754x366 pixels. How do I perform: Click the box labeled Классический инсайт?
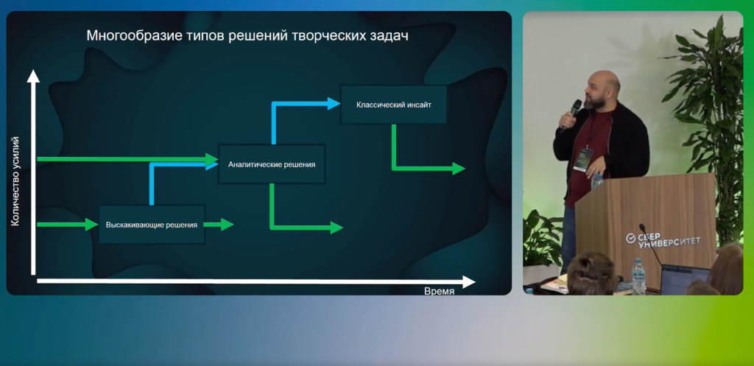click(x=393, y=105)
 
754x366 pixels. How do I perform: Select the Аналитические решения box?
click(x=272, y=163)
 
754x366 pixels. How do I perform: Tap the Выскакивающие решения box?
click(x=152, y=224)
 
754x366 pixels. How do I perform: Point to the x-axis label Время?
click(x=439, y=291)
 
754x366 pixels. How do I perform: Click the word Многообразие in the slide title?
click(x=126, y=35)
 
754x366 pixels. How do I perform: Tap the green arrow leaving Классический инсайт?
click(x=427, y=168)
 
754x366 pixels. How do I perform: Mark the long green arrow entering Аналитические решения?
click(x=125, y=158)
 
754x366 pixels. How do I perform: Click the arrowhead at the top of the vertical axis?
click(x=32, y=75)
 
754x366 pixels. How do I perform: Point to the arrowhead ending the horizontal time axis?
click(x=468, y=281)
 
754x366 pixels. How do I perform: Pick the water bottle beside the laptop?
click(x=638, y=277)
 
